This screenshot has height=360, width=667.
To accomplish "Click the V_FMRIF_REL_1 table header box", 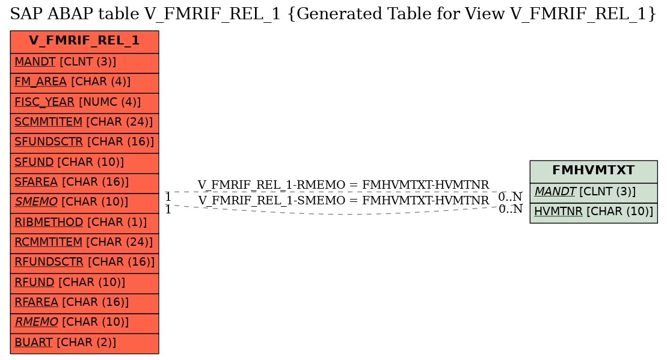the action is click(84, 41).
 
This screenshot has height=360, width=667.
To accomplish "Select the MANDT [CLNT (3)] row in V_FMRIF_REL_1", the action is click(84, 63).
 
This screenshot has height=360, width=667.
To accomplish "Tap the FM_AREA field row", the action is click(84, 83).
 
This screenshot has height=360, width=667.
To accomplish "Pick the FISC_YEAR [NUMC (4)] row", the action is click(84, 103).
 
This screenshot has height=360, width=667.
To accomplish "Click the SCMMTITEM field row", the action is click(84, 123).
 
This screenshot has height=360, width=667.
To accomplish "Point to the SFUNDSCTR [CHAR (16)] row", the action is click(84, 143).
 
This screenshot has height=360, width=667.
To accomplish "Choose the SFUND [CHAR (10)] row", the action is click(84, 163).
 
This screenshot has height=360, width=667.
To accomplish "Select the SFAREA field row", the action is click(84, 183).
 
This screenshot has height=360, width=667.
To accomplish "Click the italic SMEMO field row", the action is click(84, 203).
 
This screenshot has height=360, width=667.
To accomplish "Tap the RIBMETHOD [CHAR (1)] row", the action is click(84, 223).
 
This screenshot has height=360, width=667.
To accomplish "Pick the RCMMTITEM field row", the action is click(84, 243).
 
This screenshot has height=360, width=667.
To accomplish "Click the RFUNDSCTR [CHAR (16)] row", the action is click(84, 263).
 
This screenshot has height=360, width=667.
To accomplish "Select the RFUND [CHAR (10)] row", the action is click(84, 284).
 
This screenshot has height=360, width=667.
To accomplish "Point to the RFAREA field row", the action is click(84, 304).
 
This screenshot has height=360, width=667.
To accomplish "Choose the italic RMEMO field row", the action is click(84, 323).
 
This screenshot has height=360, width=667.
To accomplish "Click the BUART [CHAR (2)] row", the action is click(84, 343).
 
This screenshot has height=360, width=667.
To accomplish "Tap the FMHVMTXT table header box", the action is click(594, 172).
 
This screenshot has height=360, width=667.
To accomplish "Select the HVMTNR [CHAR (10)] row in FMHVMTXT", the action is click(594, 213).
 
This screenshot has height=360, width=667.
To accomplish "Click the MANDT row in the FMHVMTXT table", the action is click(594, 193).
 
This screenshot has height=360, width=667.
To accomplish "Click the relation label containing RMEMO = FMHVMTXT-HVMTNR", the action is click(343, 185).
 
